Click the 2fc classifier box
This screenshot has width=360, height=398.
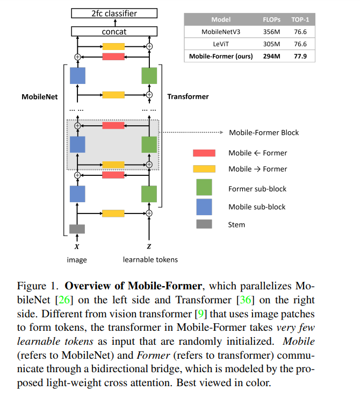(x=113, y=13)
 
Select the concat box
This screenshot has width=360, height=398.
(x=113, y=32)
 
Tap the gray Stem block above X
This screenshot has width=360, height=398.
(x=77, y=229)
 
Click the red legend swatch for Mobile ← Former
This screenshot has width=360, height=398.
(x=204, y=153)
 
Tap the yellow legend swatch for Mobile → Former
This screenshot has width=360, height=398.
(x=204, y=169)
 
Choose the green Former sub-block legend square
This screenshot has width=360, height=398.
(x=204, y=188)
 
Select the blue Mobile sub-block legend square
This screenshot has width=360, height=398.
(x=204, y=207)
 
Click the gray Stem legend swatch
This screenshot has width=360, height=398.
(x=204, y=224)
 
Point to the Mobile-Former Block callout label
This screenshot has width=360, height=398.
(x=264, y=132)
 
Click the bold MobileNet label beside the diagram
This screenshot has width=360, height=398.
(x=39, y=97)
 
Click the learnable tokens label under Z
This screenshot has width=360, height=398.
(x=150, y=260)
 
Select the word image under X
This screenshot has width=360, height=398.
(x=77, y=260)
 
